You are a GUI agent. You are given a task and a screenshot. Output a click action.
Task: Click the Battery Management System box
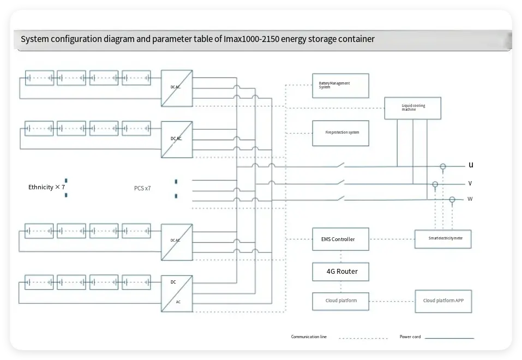340,86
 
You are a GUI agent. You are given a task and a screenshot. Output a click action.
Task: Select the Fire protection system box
340,133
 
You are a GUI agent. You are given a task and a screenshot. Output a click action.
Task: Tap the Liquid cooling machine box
412,108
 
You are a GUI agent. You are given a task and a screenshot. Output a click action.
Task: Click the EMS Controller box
340,239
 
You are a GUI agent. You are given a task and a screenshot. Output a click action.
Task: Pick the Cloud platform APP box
443,301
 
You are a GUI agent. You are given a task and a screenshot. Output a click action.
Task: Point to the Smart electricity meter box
442,239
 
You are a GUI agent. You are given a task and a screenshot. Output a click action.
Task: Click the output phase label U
471,165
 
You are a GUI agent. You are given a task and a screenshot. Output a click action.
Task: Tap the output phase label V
470,183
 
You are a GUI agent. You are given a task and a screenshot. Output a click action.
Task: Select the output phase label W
470,199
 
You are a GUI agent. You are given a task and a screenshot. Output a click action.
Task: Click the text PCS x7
142,188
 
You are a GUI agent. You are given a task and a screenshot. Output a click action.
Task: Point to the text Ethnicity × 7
47,187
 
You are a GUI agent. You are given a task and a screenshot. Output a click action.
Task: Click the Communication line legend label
309,337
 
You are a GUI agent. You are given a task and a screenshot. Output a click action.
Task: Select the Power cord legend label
410,337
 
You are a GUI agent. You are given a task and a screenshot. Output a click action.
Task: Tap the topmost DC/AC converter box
177,88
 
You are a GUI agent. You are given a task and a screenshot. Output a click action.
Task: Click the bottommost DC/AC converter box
177,293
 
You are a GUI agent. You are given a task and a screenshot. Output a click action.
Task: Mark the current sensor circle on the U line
443,166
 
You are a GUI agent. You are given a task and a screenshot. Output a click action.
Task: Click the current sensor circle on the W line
452,200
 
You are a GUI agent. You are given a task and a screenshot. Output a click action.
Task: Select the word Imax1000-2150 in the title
251,39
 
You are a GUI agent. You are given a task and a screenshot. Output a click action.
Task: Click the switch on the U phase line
339,165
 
